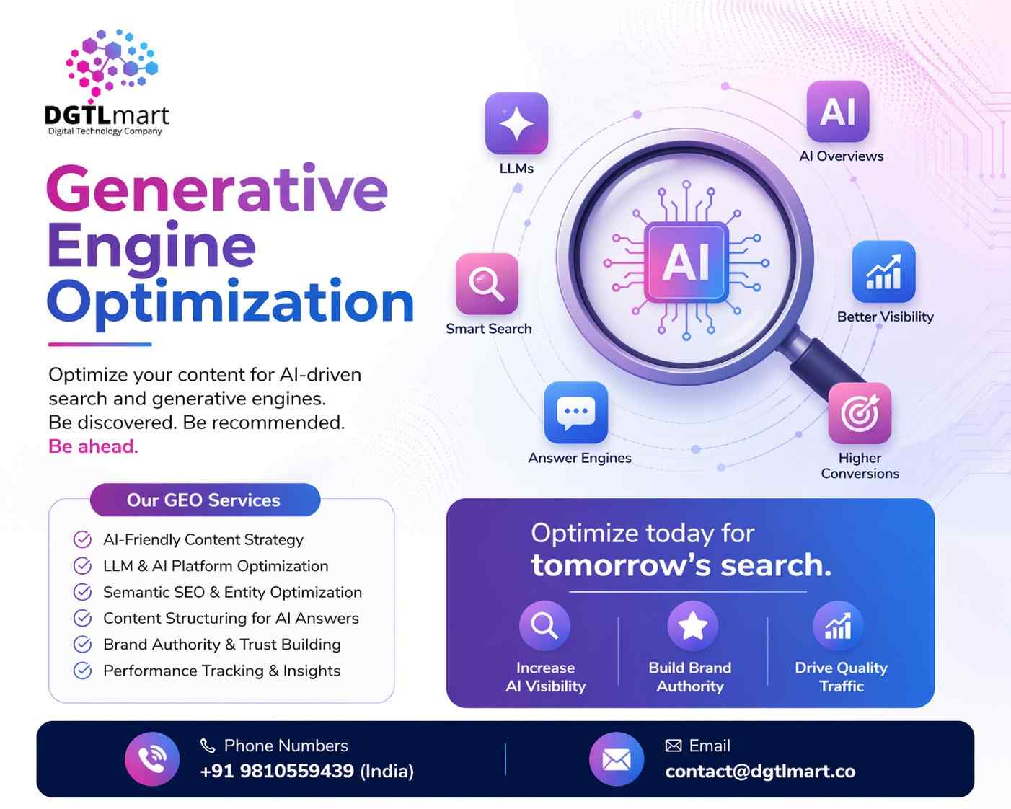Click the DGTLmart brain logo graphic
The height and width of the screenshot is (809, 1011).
112,63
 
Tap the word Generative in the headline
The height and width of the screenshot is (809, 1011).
217,189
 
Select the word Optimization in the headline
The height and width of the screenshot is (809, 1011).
231,302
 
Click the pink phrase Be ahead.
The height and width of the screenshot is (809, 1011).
93,446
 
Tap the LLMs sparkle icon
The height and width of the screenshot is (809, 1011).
516,123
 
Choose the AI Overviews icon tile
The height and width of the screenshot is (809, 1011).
837,112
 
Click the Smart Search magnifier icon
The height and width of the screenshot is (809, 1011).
487,283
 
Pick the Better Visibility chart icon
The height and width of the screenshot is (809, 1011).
883,272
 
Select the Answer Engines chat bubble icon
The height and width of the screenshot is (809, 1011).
575,412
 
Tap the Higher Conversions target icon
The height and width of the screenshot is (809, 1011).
860,413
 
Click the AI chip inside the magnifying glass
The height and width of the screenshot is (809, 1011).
686,262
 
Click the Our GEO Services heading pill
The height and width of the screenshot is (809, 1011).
205,500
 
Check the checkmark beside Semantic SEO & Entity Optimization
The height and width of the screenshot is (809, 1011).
83,592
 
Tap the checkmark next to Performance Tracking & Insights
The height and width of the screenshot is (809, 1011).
83,671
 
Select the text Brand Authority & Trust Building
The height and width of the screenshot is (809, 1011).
221,645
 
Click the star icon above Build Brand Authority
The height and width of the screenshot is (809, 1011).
692,625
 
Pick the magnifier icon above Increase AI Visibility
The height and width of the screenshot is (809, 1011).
544,625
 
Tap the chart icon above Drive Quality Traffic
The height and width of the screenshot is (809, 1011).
838,625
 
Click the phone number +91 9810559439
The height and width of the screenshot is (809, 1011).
277,771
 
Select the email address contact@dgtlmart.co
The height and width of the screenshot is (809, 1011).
760,772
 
